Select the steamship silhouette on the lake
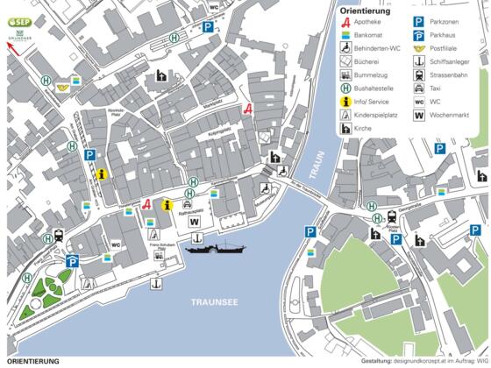coord(216,250)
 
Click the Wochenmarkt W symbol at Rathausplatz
coord(194,223)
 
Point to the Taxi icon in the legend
coord(419,88)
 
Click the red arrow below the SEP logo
coord(12,49)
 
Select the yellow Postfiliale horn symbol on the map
coord(62,88)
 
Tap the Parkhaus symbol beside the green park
coord(73,260)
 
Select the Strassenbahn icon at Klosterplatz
coord(390,218)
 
